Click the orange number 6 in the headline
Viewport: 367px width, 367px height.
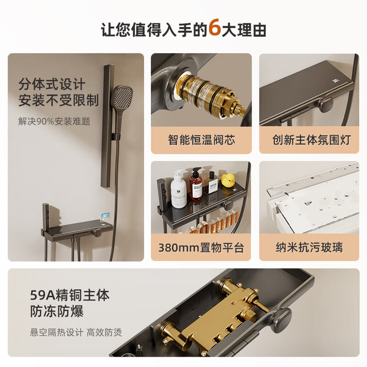[214, 28]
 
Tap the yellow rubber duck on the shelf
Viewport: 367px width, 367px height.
[228, 180]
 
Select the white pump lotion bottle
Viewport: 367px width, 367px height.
[178, 189]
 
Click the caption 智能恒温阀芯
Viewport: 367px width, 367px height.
[201, 140]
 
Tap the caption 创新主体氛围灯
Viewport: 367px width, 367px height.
[311, 140]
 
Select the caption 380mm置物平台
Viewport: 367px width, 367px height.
[201, 247]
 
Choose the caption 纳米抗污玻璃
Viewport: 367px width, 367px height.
[310, 247]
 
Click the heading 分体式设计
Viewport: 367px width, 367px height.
[52, 84]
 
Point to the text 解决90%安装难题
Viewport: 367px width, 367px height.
[54, 122]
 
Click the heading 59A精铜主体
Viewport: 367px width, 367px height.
[70, 295]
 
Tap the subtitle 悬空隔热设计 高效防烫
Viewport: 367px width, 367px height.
[76, 333]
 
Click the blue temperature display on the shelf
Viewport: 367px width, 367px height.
[106, 216]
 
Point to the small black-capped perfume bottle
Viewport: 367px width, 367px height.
[213, 182]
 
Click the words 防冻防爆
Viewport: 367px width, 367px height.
[57, 311]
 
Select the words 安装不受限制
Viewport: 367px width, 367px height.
[58, 100]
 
